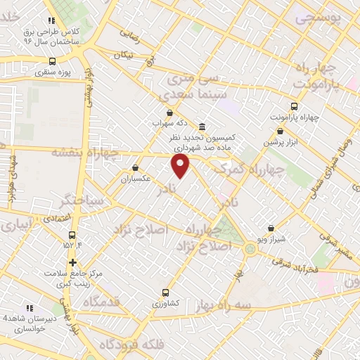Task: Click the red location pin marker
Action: click(x=181, y=166)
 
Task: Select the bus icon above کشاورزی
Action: click(x=166, y=292)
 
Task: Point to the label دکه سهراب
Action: click(x=168, y=122)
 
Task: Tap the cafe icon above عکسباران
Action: click(x=136, y=168)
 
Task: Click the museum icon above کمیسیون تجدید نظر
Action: click(x=202, y=127)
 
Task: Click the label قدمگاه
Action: click(x=101, y=302)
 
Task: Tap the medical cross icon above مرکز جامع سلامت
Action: click(x=73, y=262)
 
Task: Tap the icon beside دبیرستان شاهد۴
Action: click(x=30, y=307)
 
